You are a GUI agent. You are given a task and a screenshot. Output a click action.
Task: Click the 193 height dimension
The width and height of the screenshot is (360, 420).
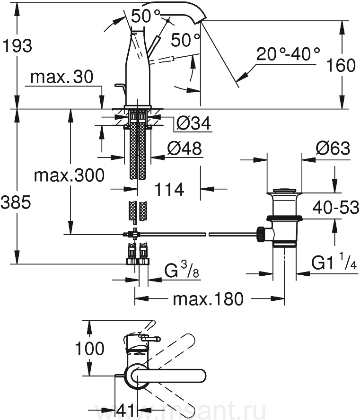coord(17,46)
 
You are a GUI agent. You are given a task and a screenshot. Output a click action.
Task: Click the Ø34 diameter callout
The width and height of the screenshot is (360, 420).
coord(193,124)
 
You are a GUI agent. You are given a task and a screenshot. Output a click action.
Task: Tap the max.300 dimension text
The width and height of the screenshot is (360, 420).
coord(69,176)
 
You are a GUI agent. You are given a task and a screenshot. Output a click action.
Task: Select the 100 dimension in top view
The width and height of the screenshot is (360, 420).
coord(90,349)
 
